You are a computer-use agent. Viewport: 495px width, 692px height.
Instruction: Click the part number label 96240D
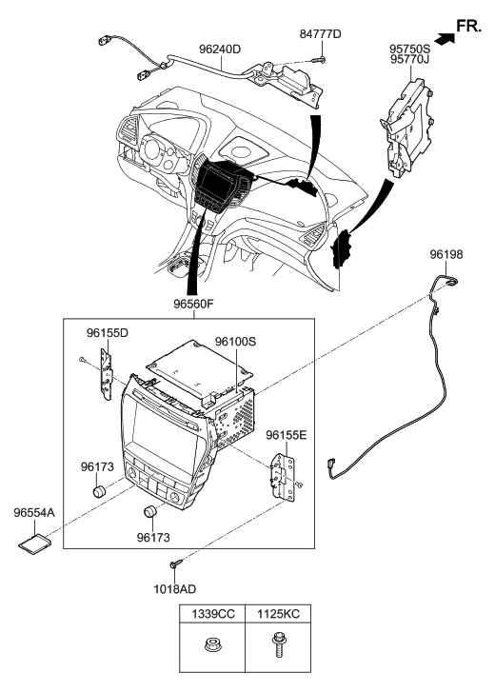[x=219, y=48]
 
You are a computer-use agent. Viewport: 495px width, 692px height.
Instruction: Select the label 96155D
[x=108, y=333]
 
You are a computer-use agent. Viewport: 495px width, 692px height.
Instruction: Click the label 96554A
[x=34, y=512]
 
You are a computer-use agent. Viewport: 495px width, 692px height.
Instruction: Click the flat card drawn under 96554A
[x=34, y=542]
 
